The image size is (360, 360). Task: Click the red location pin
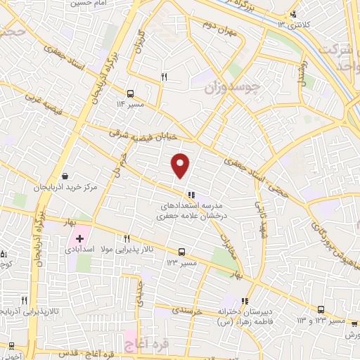pyautogui.click(x=181, y=165)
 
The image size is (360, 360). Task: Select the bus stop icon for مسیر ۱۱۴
pyautogui.click(x=130, y=93)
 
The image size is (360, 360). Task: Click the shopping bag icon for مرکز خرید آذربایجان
pyautogui.click(x=65, y=176)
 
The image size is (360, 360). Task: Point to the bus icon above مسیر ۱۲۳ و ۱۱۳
pyautogui.click(x=321, y=309)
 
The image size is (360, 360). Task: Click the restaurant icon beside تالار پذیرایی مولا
pyautogui.click(x=127, y=238)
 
